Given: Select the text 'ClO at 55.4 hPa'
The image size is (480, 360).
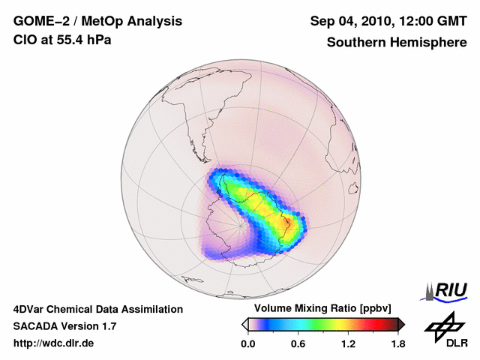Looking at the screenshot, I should [x=62, y=40].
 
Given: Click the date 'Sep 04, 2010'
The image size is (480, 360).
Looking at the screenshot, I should [x=351, y=21].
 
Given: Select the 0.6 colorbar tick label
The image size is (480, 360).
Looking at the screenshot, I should [x=298, y=344].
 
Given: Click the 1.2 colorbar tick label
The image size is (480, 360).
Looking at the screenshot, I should [x=348, y=344].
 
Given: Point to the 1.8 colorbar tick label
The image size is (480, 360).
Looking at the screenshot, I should [x=397, y=344].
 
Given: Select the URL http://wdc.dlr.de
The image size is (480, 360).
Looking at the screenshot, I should [x=54, y=344].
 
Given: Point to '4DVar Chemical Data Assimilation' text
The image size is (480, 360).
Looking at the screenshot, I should [x=97, y=308].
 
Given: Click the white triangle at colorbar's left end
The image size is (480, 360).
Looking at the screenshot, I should [x=244, y=324].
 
